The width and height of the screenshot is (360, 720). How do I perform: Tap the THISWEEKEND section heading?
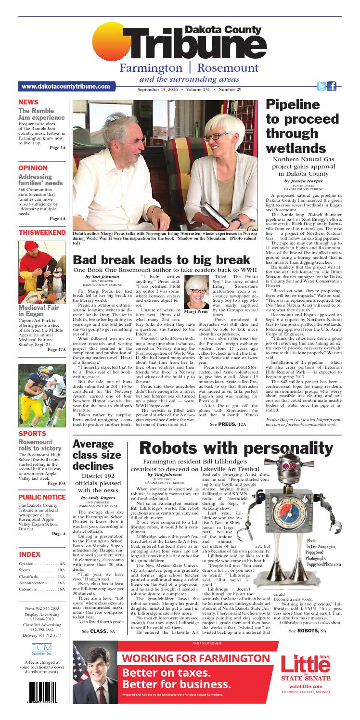coord(41,233)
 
